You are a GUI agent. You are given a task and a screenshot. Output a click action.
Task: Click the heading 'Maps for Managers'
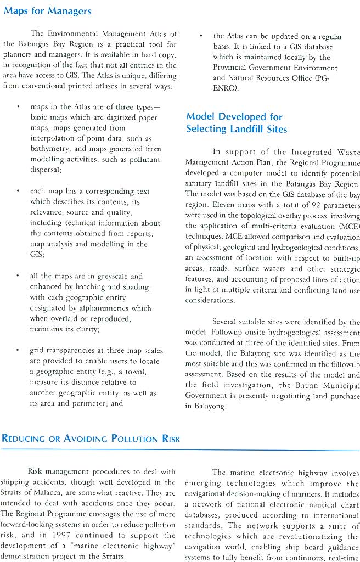48,11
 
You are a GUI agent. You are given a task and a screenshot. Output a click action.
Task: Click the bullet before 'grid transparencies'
19,351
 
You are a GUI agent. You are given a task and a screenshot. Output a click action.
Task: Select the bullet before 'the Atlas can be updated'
201,37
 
